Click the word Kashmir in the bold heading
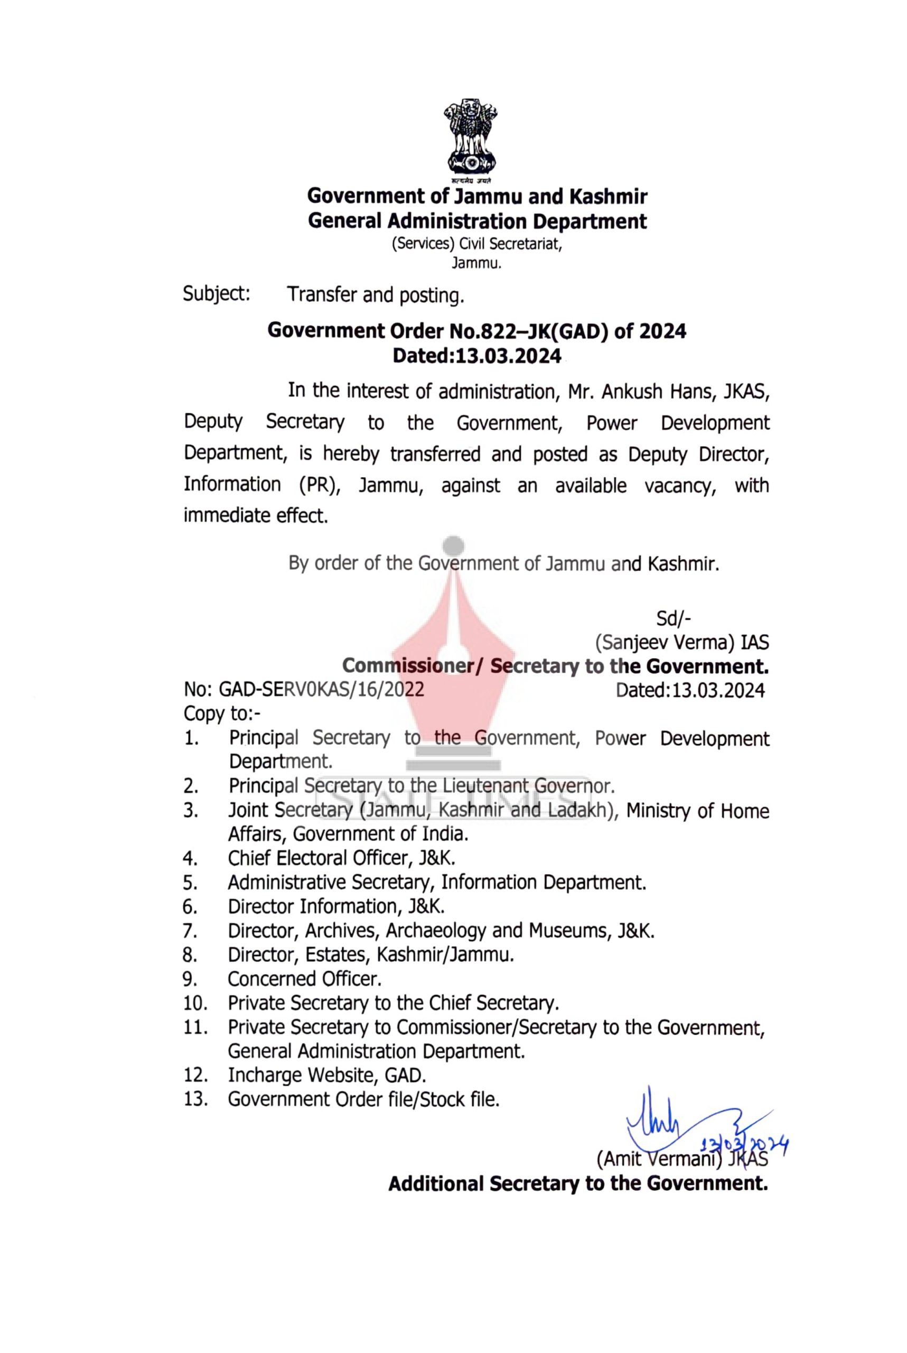point(608,197)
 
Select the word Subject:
point(217,294)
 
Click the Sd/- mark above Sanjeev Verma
point(674,619)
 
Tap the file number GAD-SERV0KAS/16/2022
point(321,690)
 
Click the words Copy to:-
point(222,713)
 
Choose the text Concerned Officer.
point(304,979)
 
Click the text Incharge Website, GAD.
point(327,1074)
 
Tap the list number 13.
point(195,1099)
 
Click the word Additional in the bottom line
point(436,1183)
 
